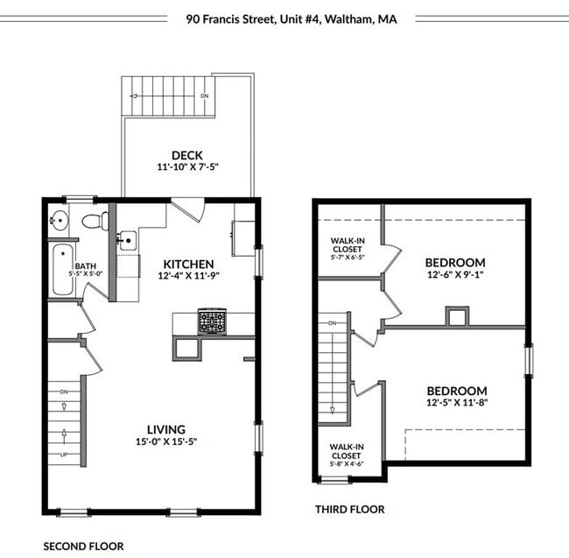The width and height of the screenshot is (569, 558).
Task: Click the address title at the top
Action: (291, 18)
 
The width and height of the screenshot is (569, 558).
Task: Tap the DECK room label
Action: (187, 154)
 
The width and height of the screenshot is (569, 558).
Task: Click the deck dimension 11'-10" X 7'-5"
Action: (187, 167)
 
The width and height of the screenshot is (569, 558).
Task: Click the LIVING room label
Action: (165, 429)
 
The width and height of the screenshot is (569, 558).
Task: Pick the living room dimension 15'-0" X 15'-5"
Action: (165, 442)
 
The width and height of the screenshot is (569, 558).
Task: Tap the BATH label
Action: (85, 266)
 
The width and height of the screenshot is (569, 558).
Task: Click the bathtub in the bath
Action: (60, 270)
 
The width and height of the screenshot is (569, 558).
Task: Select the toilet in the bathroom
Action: (92, 220)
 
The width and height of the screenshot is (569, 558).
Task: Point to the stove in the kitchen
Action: (211, 321)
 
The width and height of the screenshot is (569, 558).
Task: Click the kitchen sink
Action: (128, 239)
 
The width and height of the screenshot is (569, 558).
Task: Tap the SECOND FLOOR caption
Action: (83, 546)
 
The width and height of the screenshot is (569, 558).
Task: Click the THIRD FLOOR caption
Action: (349, 509)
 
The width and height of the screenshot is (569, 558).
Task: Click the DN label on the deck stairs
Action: (205, 95)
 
